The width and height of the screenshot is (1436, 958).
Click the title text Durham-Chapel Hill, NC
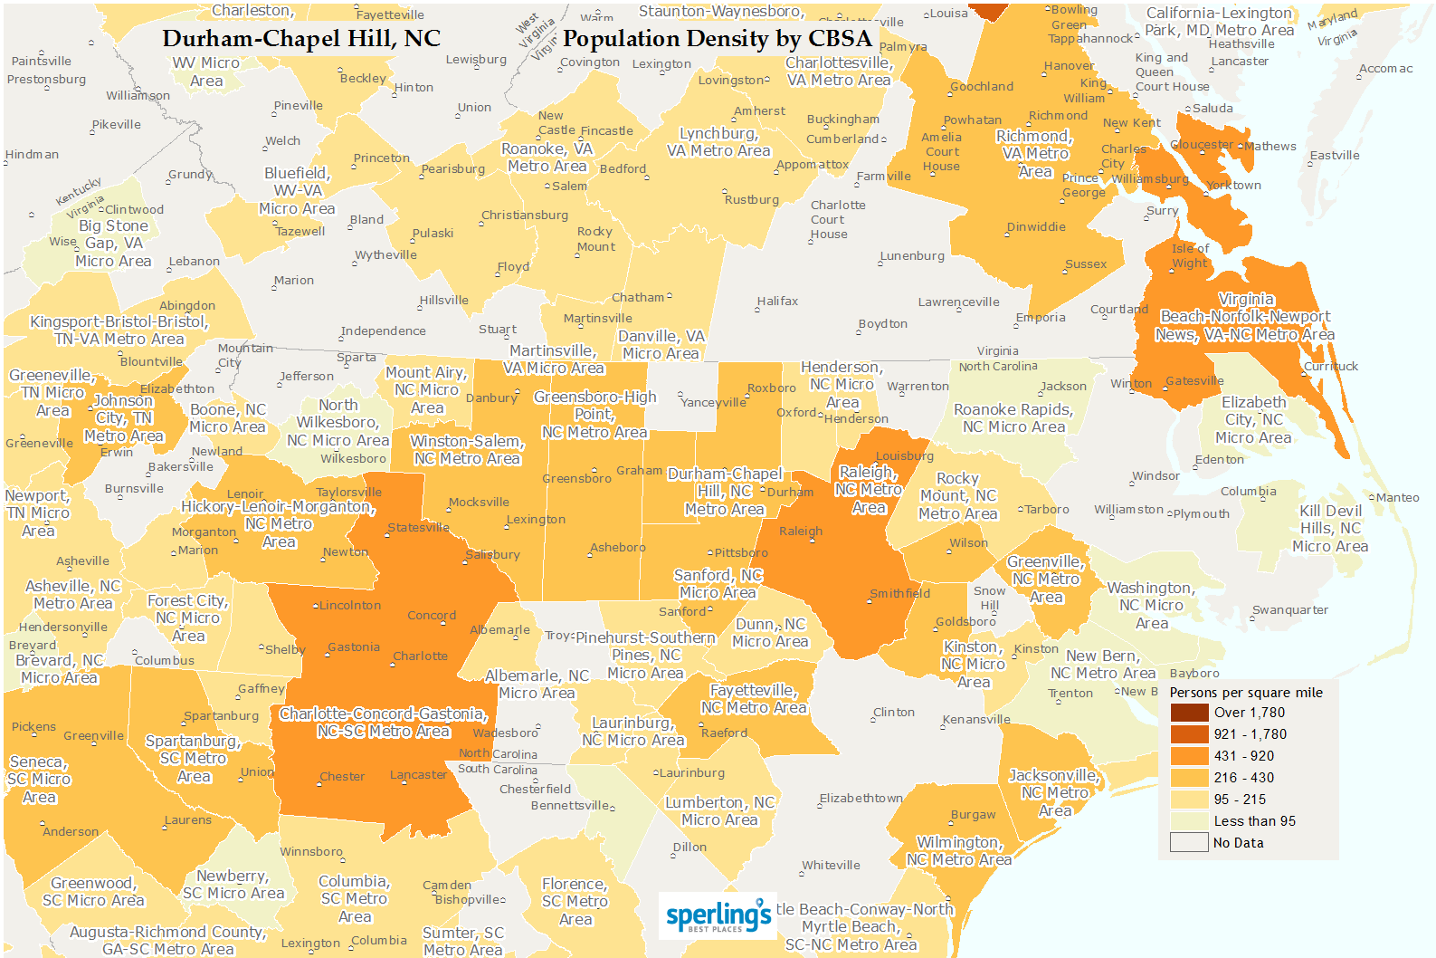click(301, 39)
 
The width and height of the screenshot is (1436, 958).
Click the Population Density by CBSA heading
click(717, 39)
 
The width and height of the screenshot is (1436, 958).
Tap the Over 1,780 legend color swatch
click(1189, 713)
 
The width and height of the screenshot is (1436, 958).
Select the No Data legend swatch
click(1189, 843)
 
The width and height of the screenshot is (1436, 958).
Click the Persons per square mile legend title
click(1246, 693)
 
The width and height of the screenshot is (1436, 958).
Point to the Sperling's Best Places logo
click(718, 916)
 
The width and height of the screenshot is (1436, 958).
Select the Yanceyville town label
click(714, 402)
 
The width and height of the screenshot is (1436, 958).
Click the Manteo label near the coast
click(1398, 498)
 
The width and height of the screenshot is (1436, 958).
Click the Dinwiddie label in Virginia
click(1036, 227)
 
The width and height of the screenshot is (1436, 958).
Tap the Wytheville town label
click(386, 255)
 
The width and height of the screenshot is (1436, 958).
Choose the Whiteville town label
click(831, 866)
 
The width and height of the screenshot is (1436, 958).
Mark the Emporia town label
click(1041, 318)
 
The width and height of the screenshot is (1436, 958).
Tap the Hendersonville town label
click(63, 627)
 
